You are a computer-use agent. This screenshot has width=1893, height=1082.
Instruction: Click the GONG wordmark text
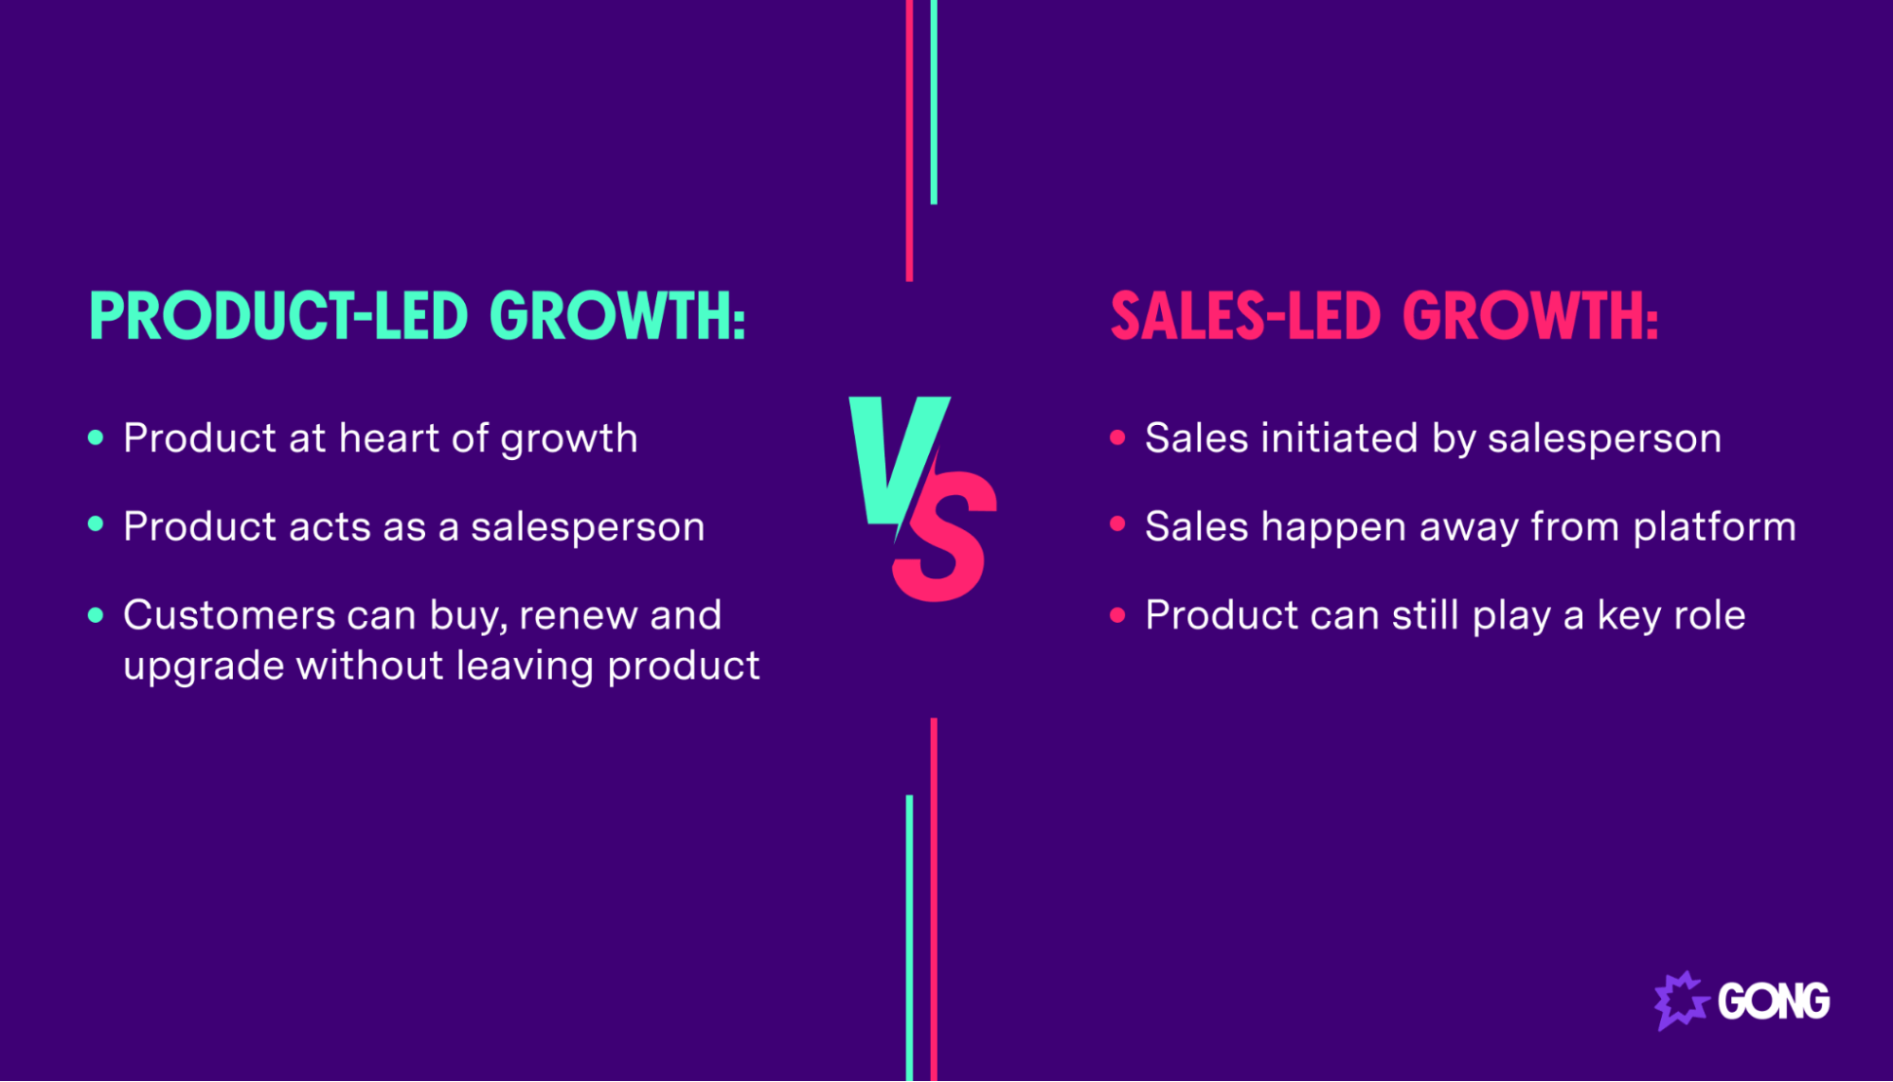1774,1002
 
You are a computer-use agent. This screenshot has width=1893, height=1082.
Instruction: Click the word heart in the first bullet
389,438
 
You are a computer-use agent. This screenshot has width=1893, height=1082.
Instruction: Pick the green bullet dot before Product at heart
96,437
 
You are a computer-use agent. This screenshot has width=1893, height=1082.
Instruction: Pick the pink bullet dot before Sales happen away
1117,524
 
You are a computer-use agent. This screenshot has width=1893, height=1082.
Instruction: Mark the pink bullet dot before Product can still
1117,615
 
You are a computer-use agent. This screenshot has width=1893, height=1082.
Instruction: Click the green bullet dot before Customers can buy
96,614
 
